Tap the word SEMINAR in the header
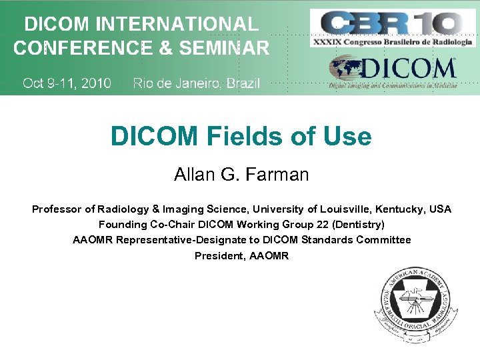coord(227,48)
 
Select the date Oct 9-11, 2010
coord(67,83)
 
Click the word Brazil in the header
coord(243,83)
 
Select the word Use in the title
coord(347,137)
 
